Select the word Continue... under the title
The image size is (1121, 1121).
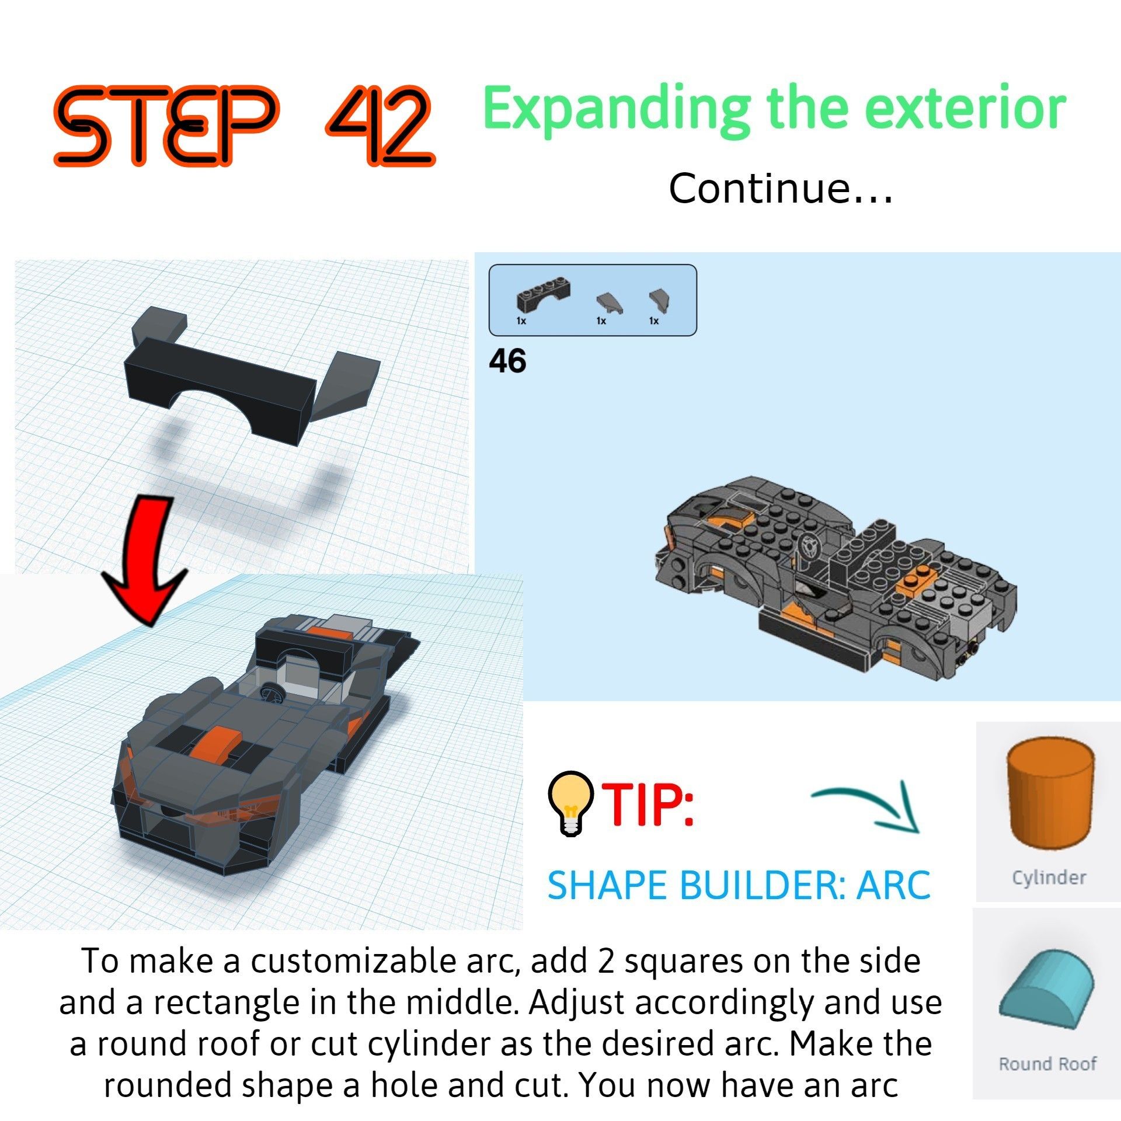[780, 189]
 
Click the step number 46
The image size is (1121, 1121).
[507, 361]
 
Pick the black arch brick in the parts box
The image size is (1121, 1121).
[543, 295]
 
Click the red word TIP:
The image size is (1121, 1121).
[648, 806]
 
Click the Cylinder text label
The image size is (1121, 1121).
[1049, 878]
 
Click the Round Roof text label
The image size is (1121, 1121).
[1047, 1064]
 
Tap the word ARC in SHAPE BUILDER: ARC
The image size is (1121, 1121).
[893, 886]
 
